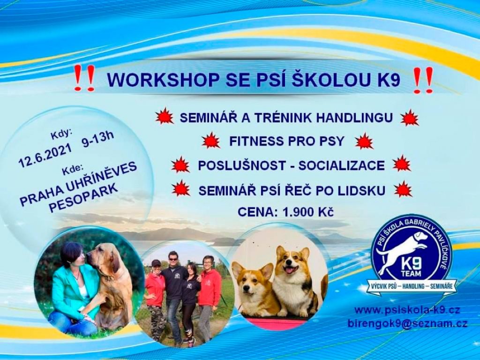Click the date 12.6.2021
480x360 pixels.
pos(45,157)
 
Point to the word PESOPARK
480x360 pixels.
pos(84,198)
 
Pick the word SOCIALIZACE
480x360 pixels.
pos(342,165)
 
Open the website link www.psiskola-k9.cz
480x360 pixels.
pos(407,310)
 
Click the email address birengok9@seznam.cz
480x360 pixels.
pos(407,324)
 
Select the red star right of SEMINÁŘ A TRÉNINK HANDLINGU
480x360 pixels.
pos(410,118)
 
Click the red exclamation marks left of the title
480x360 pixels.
pos(85,78)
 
